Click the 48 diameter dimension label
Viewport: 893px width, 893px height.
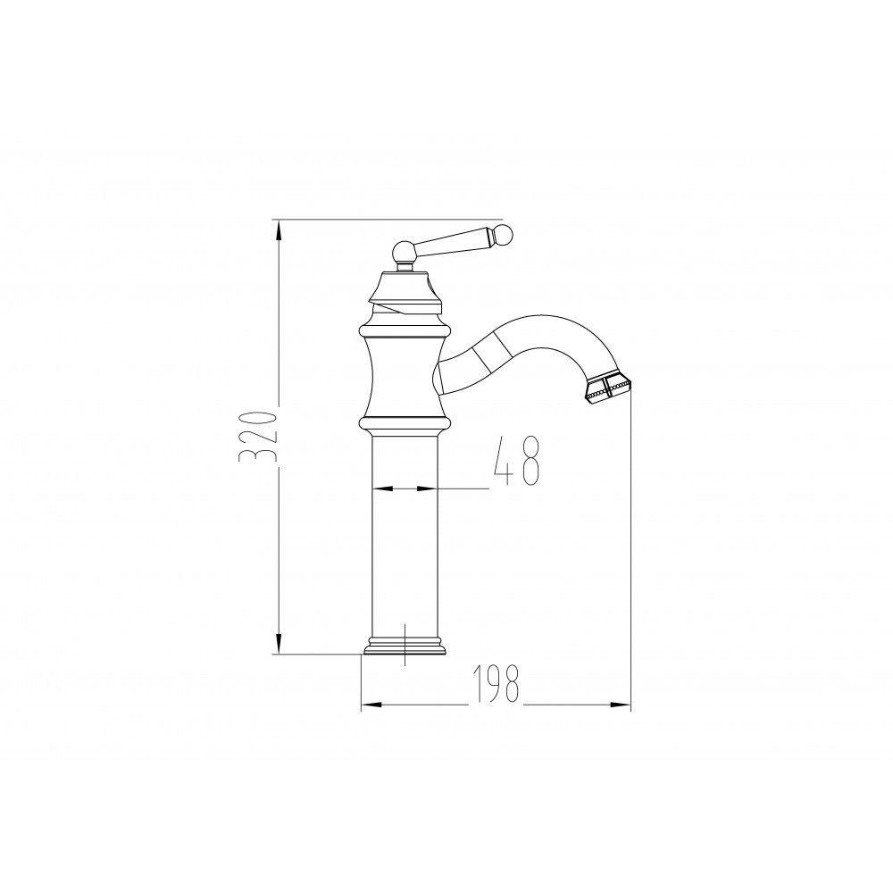click(516, 461)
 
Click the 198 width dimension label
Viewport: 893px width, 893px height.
click(496, 683)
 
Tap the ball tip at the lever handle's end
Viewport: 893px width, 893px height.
click(505, 233)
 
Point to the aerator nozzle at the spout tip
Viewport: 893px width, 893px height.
click(607, 390)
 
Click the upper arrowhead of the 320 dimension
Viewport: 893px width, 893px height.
click(279, 230)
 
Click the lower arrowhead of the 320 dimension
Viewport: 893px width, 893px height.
click(279, 644)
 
